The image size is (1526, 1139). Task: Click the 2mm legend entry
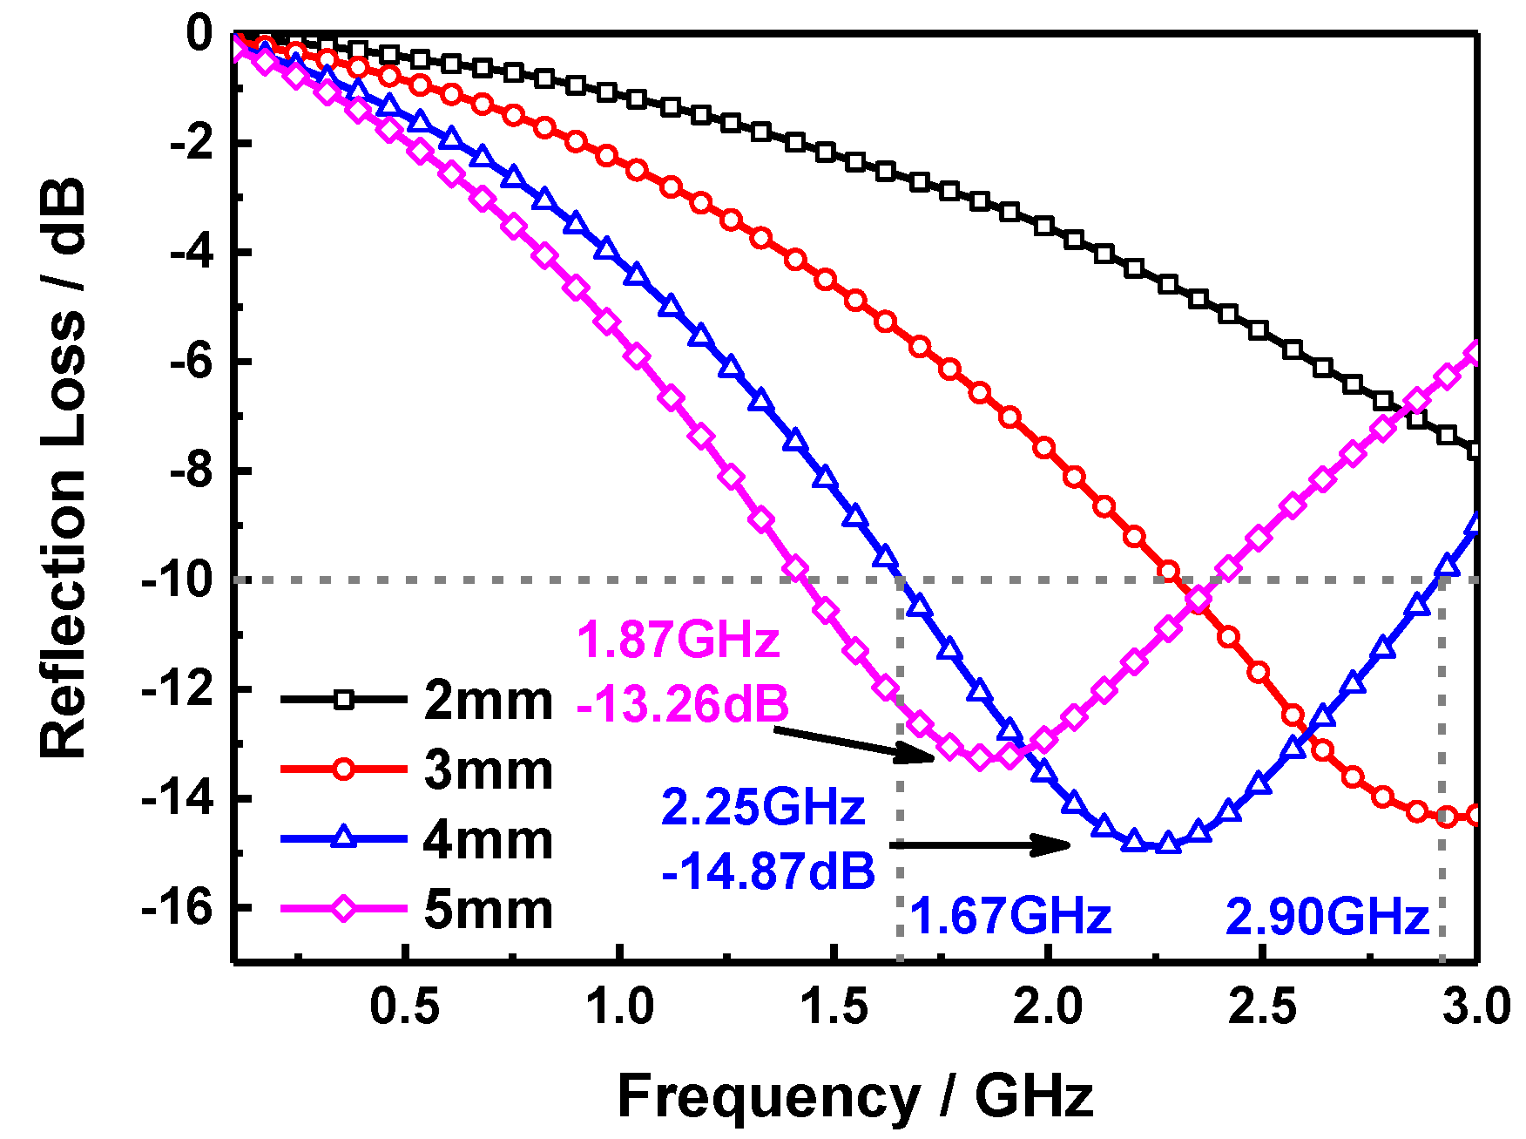point(488,701)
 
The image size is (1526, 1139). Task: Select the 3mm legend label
point(488,770)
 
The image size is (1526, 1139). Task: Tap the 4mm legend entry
point(488,840)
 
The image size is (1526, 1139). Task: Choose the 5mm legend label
point(488,910)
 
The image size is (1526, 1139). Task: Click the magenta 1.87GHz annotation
point(678,640)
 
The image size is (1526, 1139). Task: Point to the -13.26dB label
point(682,704)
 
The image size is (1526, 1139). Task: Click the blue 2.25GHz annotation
point(763,807)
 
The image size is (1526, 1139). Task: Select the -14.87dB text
point(768,871)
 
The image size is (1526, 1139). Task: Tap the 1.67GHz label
point(1010,917)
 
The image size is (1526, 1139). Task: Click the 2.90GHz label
point(1327,917)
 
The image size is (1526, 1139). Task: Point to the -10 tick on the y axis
point(177,580)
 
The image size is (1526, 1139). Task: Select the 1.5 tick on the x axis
point(834,1008)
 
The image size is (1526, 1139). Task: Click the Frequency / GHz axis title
point(854,1095)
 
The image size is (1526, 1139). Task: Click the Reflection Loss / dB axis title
point(63,468)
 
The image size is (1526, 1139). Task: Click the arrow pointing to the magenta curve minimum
point(854,744)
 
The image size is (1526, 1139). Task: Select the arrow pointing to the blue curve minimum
point(980,844)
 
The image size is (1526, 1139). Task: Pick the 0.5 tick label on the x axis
point(404,1008)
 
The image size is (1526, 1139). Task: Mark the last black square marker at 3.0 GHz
point(1475,451)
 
